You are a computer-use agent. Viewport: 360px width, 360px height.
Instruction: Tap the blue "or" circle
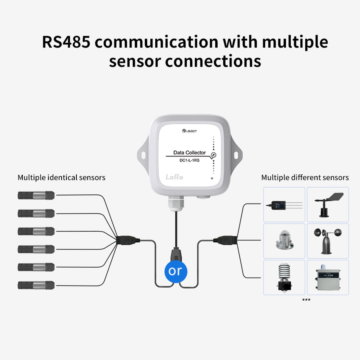point(175,271)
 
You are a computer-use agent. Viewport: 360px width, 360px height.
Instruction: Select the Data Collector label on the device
point(190,152)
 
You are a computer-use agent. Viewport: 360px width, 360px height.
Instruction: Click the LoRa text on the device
point(174,177)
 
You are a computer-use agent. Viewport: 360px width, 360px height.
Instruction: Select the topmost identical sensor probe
point(36,195)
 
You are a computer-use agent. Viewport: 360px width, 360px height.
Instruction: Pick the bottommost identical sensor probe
point(36,285)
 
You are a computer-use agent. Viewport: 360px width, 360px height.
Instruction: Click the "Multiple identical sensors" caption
point(62,177)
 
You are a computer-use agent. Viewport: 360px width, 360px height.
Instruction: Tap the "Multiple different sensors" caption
point(305,177)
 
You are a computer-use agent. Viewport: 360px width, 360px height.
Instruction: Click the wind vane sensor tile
point(328,204)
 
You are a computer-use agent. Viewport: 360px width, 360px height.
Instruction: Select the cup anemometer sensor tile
point(328,241)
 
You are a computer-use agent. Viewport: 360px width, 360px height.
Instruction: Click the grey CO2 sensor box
point(328,278)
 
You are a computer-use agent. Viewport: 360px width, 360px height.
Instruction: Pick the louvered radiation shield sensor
point(284,278)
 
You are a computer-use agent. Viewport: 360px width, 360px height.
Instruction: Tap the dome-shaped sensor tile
point(284,241)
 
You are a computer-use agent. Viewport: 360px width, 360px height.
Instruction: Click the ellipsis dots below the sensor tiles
point(306,299)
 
